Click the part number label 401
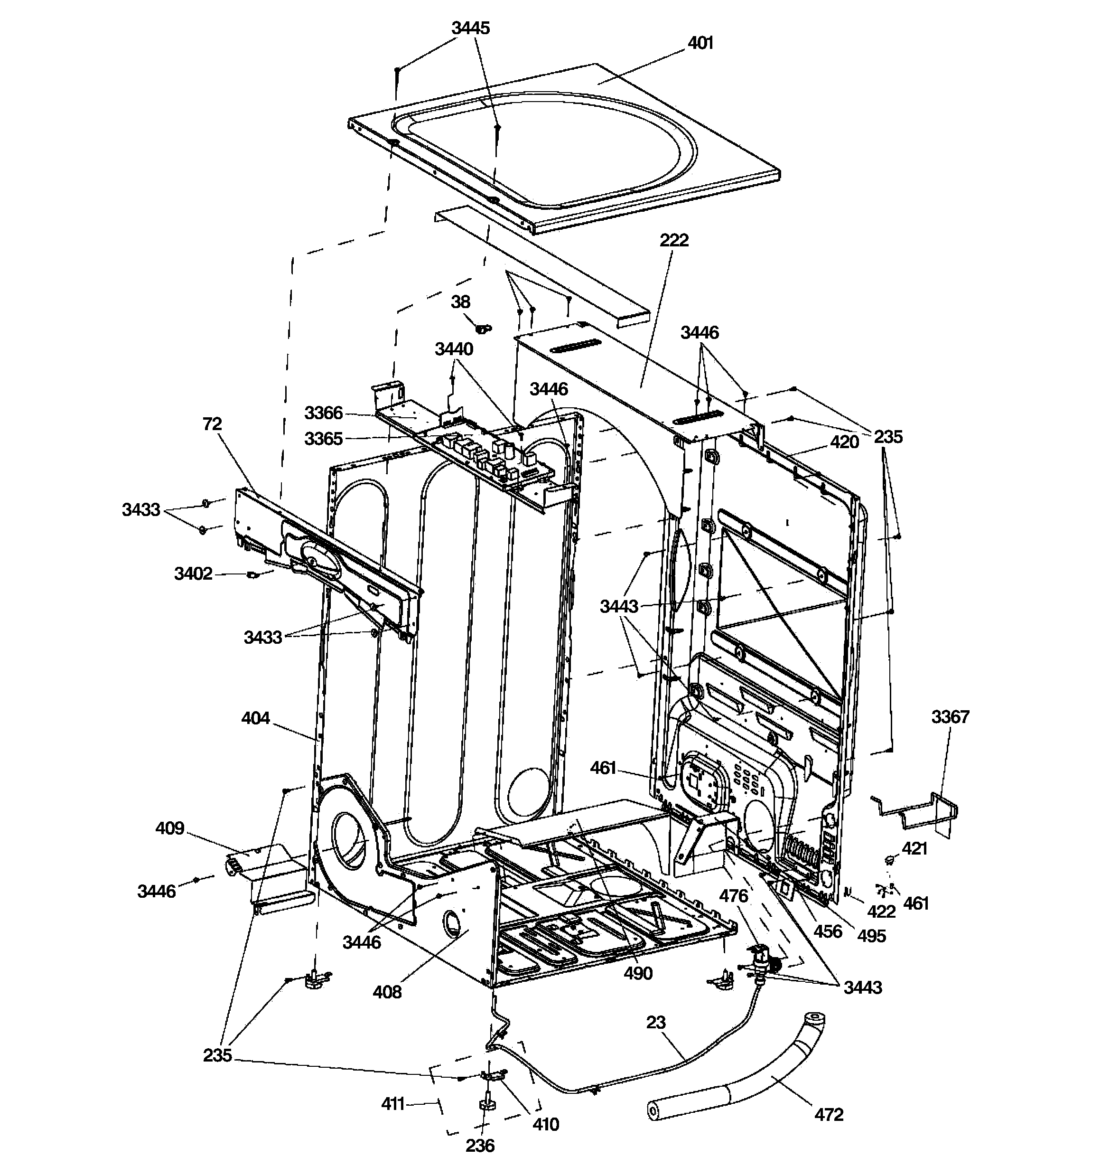point(700,43)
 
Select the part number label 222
point(674,241)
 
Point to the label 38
point(460,302)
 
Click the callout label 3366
point(323,413)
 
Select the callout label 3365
point(323,439)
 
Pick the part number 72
point(212,424)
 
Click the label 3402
point(193,573)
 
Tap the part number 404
point(255,718)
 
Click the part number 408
point(387,992)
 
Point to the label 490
point(638,973)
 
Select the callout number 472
point(829,1115)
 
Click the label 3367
point(950,717)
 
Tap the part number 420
point(844,442)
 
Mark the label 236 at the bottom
point(479,1146)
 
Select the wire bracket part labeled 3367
point(922,813)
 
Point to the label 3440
point(454,349)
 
